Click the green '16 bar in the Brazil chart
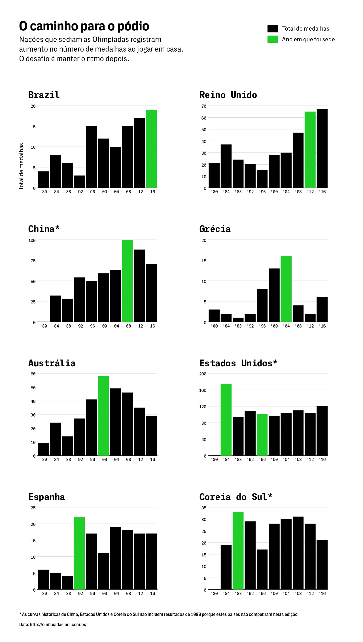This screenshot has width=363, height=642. (151, 149)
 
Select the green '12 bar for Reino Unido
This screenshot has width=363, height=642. (310, 150)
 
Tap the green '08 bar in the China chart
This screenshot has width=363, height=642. (127, 281)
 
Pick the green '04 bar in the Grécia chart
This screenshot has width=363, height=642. (286, 289)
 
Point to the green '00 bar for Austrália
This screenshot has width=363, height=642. (103, 416)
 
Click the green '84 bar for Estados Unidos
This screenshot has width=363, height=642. (226, 420)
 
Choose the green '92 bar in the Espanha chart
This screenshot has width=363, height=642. (79, 553)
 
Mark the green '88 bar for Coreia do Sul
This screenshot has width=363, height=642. (238, 550)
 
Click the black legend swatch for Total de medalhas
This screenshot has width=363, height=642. (273, 29)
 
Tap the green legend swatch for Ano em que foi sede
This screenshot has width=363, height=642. (273, 39)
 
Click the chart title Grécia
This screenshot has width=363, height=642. (215, 229)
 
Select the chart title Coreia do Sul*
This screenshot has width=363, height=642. (235, 497)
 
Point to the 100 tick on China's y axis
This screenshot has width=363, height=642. (32, 240)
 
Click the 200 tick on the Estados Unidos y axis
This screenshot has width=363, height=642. (203, 374)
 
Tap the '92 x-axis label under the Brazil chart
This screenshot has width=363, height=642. (79, 192)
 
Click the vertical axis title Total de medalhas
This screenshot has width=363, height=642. (21, 166)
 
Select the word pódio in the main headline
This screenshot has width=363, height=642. (133, 26)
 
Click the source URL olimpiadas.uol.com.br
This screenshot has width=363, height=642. (58, 624)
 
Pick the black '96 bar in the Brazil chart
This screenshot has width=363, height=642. (91, 157)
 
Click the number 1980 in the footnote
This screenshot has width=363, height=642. (196, 615)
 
